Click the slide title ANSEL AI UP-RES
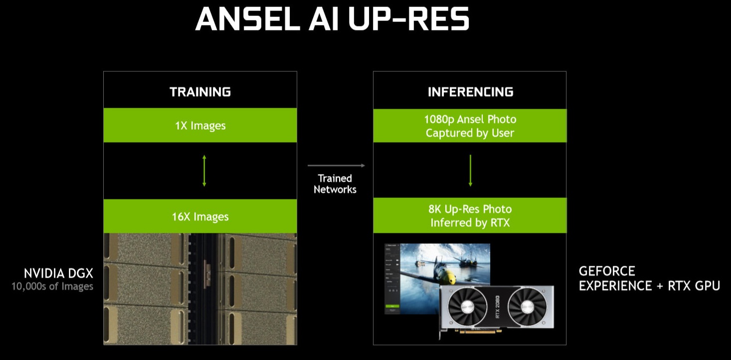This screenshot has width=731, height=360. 332,20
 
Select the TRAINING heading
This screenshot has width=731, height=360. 200,92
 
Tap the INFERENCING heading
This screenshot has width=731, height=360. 470,92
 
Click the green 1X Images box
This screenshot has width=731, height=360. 200,125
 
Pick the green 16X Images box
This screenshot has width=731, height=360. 200,216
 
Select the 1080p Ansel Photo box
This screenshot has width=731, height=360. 470,126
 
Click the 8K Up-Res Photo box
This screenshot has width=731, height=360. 470,215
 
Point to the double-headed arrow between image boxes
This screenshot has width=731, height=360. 204,171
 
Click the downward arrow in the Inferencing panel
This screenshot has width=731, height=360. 470,171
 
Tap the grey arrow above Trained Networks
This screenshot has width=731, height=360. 336,166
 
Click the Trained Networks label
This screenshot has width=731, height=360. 335,183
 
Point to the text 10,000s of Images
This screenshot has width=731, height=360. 52,286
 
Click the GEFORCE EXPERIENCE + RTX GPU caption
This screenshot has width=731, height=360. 649,278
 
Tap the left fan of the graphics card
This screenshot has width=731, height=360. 468,307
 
